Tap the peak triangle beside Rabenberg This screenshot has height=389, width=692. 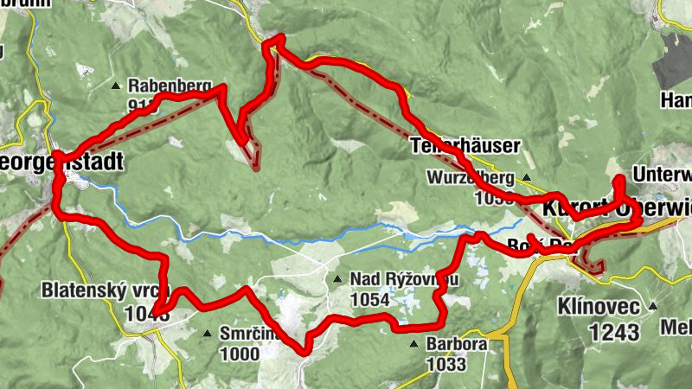tap(116, 86)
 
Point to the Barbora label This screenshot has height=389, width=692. tap(456, 344)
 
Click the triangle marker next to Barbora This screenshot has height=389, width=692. tap(414, 345)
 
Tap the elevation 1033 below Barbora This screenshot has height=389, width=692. tap(445, 364)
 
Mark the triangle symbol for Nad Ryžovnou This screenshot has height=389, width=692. tap(337, 278)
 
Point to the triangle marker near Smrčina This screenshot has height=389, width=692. tap(207, 333)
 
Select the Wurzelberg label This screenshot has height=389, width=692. tap(471, 178)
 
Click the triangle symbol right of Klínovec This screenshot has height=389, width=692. tap(653, 306)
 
